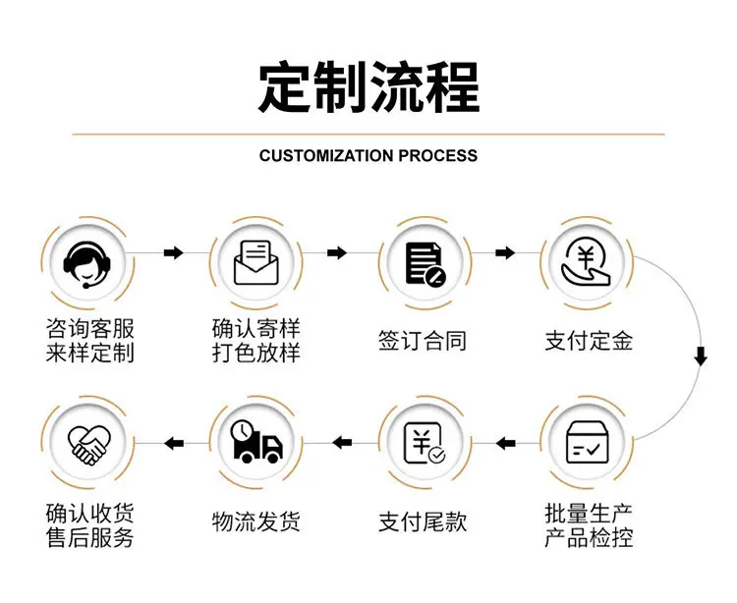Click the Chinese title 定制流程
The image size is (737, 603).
tap(368, 87)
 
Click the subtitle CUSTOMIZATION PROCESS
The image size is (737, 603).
tap(368, 155)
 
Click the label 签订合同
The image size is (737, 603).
tap(423, 341)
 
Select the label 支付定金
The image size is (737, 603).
tap(590, 341)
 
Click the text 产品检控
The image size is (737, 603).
tap(590, 538)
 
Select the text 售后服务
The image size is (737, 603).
tap(90, 538)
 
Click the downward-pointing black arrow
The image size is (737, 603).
tap(701, 356)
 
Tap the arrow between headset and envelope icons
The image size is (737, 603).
tap(173, 253)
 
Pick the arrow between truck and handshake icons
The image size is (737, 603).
tap(173, 444)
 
